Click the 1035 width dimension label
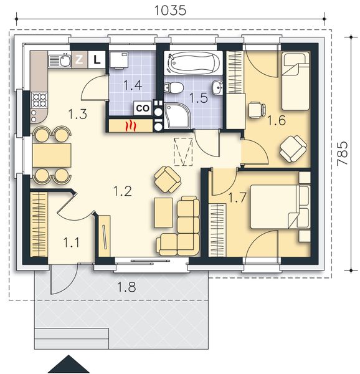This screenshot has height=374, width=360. click(x=170, y=10)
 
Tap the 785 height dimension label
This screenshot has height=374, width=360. click(x=343, y=153)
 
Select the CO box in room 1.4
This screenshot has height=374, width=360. click(x=143, y=108)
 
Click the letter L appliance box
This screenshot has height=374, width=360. click(x=97, y=59)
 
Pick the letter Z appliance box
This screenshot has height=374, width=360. click(x=79, y=59)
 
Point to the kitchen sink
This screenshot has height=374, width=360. click(x=60, y=60)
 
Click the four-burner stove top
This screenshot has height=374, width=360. click(x=39, y=100)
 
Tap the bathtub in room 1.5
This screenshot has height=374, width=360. click(x=193, y=63)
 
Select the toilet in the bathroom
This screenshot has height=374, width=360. click(x=174, y=87)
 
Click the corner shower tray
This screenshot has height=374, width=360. click(x=176, y=115)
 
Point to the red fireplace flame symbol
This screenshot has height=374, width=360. click(x=131, y=126)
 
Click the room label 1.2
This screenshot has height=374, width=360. click(x=123, y=191)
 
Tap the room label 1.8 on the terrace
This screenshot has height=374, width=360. click(x=126, y=287)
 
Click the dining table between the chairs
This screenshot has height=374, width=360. click(x=52, y=155)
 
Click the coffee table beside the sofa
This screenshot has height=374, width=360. click(x=163, y=213)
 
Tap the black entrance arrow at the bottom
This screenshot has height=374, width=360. click(x=69, y=364)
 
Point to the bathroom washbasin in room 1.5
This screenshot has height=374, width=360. click(x=218, y=87)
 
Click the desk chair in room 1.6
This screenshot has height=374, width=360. click(x=257, y=110)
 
